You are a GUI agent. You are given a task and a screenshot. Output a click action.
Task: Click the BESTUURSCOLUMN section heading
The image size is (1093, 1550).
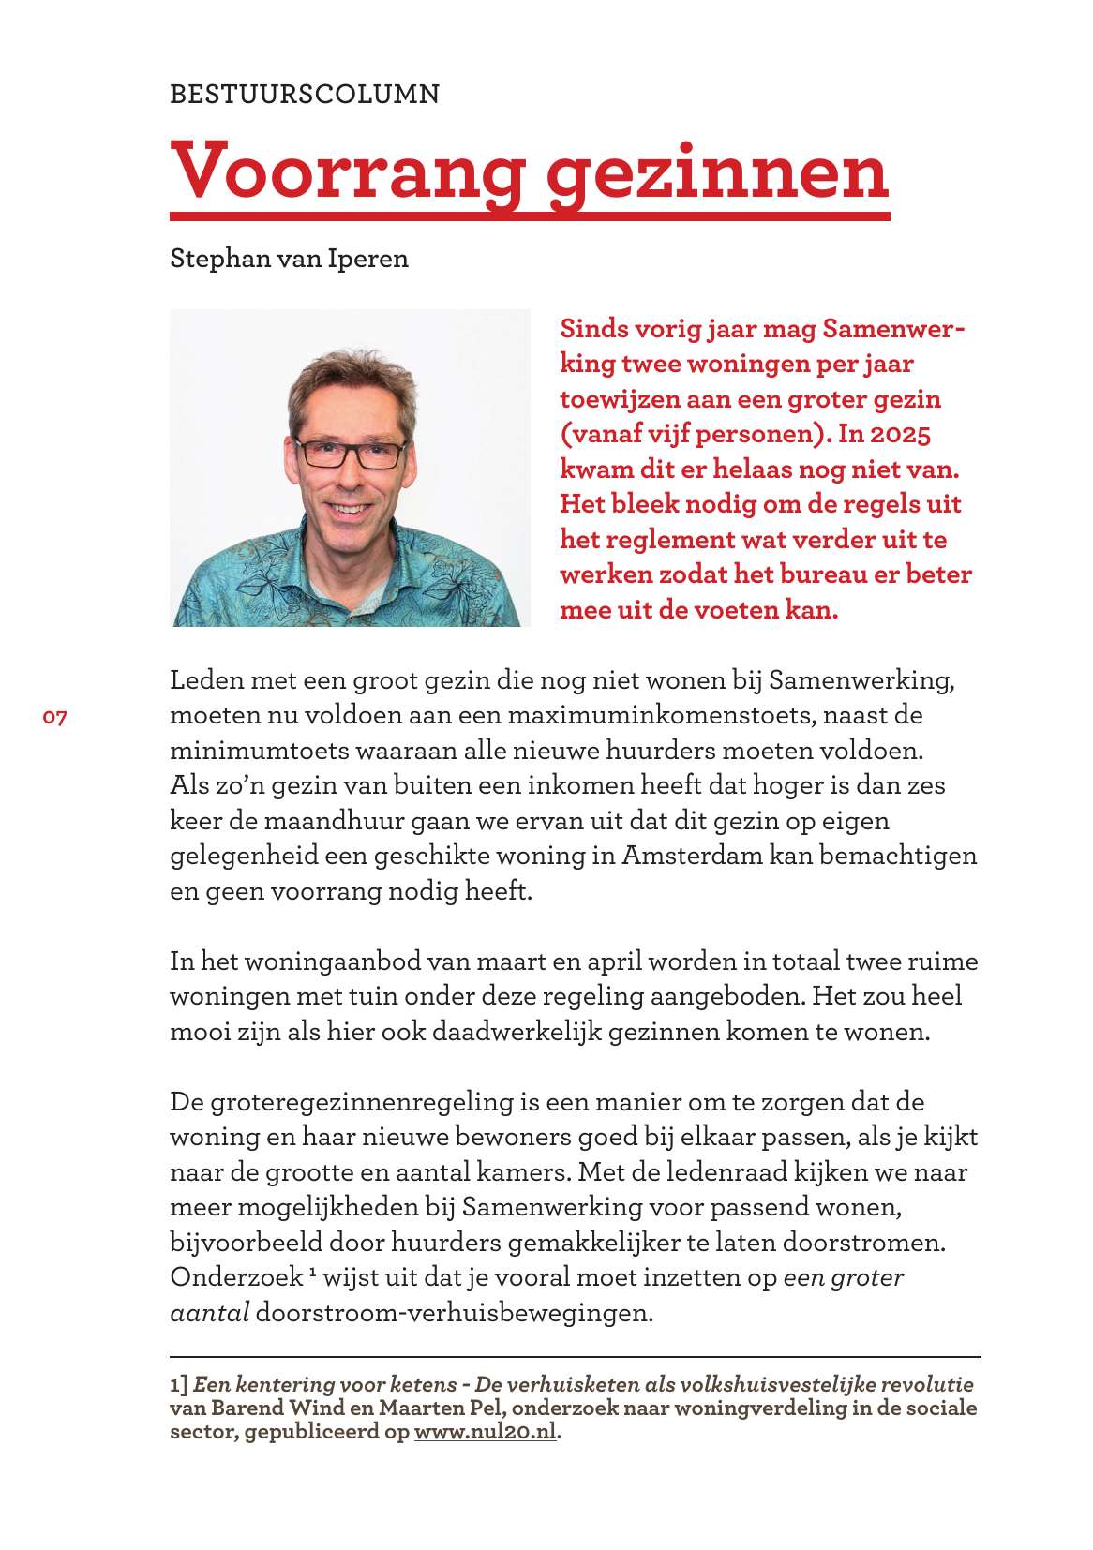click(305, 94)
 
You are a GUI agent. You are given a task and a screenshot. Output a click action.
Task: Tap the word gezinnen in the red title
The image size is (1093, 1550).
click(717, 171)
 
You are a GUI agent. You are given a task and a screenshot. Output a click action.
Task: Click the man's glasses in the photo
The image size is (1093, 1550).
click(352, 455)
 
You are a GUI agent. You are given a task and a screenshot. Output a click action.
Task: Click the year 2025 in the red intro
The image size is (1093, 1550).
click(901, 434)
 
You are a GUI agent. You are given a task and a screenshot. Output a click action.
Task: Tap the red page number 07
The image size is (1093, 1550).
click(55, 718)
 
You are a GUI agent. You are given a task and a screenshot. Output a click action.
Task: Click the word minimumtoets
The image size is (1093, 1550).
click(248, 751)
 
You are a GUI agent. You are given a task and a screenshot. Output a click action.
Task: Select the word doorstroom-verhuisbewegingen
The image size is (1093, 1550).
click(454, 1313)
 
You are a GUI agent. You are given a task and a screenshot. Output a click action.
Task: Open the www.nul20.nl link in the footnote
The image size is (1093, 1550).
click(485, 1432)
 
